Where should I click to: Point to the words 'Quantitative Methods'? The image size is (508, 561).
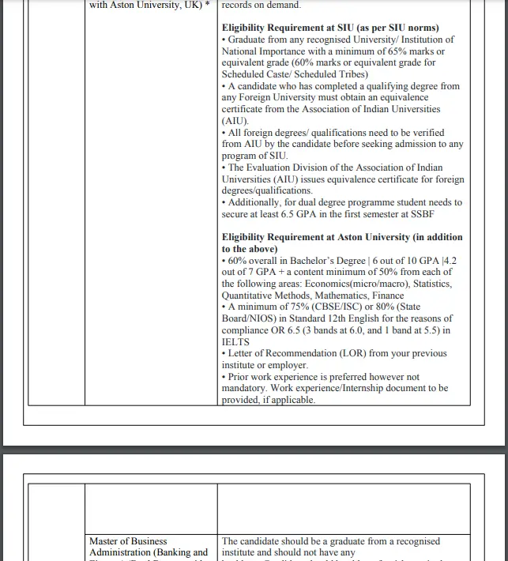(x=267, y=296)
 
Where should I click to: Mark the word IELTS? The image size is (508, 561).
(x=235, y=341)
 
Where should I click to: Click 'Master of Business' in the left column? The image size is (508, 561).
(x=128, y=541)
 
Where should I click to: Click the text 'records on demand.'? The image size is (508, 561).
(x=262, y=5)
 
